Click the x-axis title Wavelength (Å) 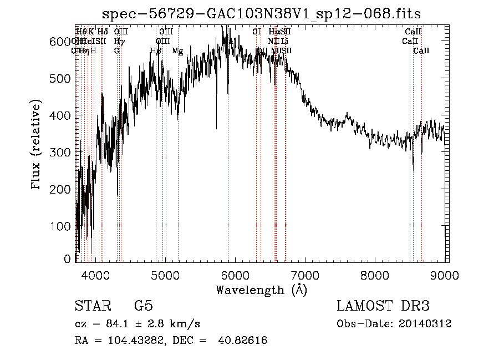[262, 290]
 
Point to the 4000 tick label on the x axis [96, 274]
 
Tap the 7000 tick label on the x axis [305, 274]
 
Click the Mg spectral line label [177, 51]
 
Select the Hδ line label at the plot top [103, 32]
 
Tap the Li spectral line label [284, 42]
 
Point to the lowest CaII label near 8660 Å [421, 51]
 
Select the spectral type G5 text [143, 306]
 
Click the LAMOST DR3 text [383, 306]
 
